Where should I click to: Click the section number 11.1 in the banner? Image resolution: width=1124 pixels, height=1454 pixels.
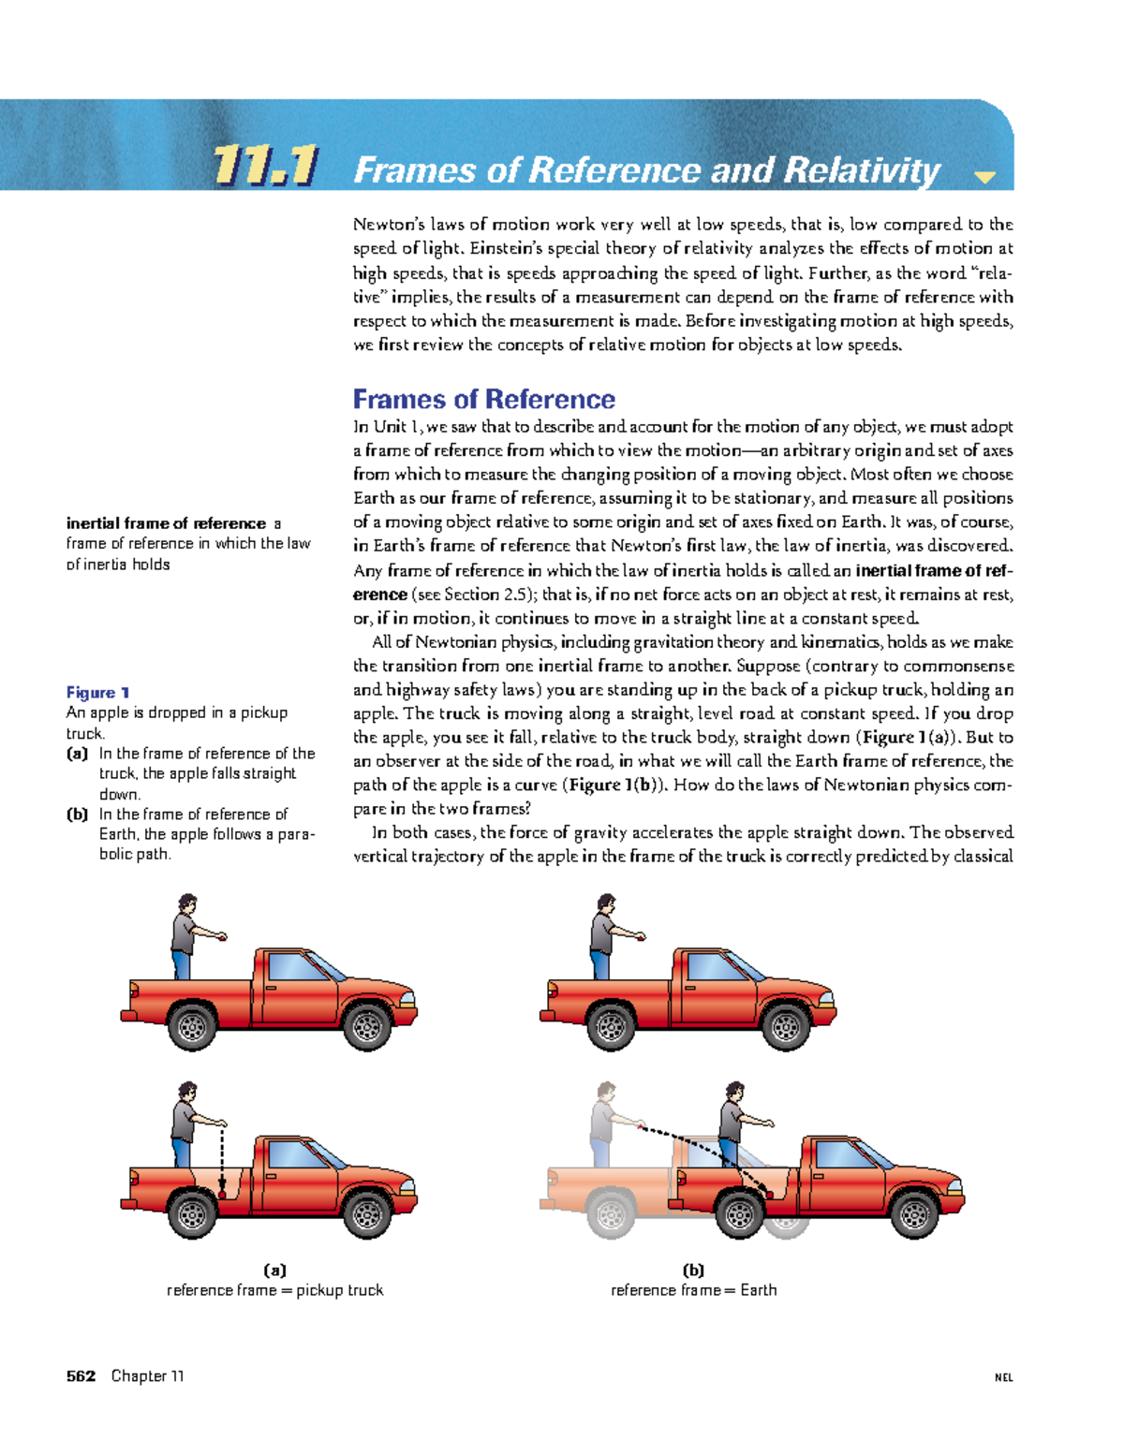[x=265, y=167]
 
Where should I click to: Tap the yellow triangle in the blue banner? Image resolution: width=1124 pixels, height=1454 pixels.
[x=984, y=177]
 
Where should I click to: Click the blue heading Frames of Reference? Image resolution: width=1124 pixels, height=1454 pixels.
[x=483, y=400]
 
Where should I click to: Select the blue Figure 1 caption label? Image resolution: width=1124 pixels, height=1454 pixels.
[x=97, y=693]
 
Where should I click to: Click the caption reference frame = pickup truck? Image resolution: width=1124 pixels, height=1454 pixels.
[x=275, y=1290]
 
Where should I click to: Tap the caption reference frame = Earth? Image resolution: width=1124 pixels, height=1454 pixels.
[x=693, y=1290]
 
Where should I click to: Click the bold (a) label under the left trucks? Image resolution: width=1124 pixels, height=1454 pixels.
[x=275, y=1270]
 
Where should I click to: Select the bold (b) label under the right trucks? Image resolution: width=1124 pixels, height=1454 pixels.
[x=693, y=1270]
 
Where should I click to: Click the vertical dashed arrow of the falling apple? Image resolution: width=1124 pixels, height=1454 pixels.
[x=222, y=1160]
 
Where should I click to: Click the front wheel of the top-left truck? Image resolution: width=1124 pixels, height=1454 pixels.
[x=367, y=1027]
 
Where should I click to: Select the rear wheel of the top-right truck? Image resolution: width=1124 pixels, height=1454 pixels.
[x=611, y=1027]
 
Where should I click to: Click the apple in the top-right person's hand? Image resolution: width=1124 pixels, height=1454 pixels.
[x=643, y=938]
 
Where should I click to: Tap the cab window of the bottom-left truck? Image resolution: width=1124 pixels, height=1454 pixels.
[x=295, y=1154]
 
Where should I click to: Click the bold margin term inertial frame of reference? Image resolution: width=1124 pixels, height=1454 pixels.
[x=166, y=523]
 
